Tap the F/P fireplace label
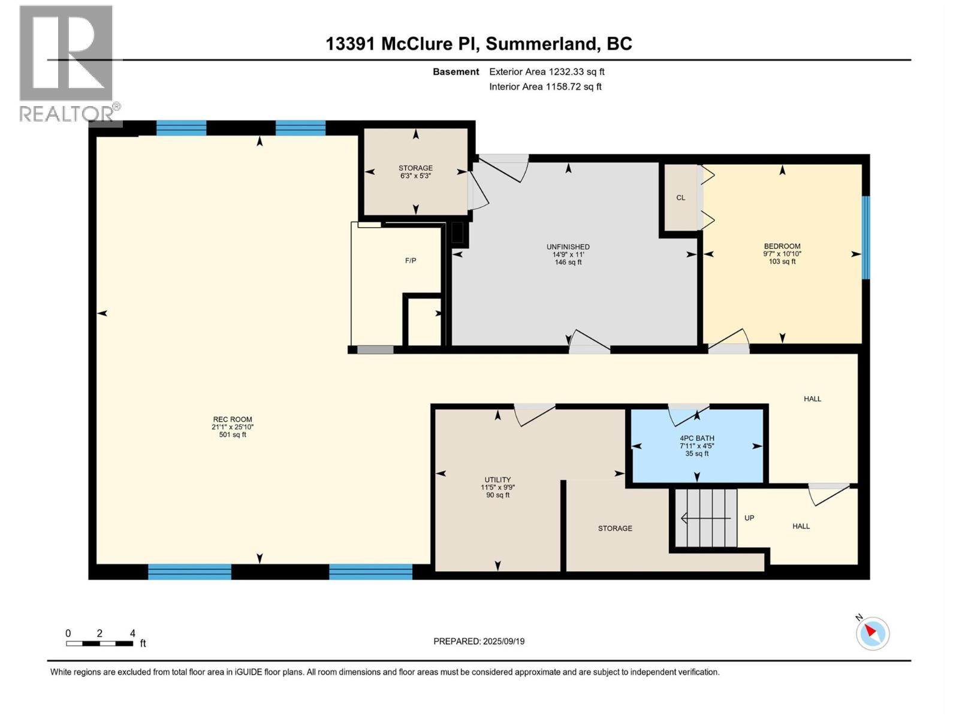point(411,261)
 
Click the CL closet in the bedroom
point(680,198)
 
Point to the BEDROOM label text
point(782,246)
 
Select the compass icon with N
point(872,633)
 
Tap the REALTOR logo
point(67,63)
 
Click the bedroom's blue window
point(865,237)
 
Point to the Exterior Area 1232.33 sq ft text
point(547,72)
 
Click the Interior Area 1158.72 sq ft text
point(545,87)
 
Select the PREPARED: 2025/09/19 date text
point(479,641)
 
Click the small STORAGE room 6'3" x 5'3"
point(416,172)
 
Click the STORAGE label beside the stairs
point(615,528)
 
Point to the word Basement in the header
point(456,72)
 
